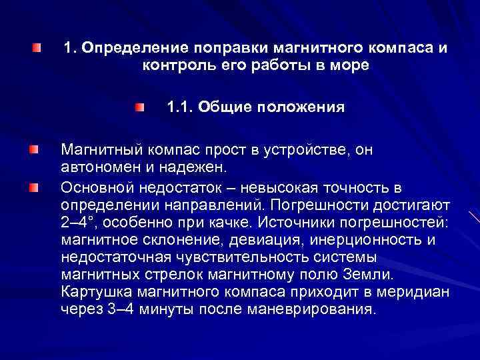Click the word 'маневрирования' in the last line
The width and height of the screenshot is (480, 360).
(x=311, y=309)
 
